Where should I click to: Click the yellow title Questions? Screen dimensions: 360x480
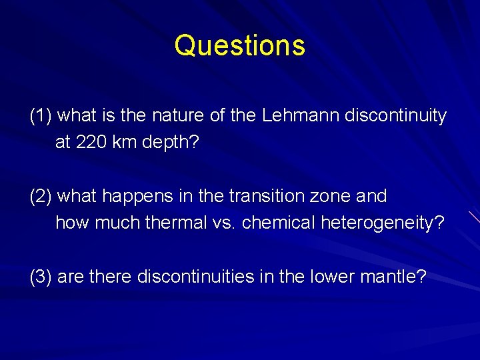[x=240, y=46]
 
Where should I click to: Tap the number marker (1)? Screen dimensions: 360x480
[x=41, y=116]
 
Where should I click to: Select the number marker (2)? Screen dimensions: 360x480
[x=41, y=197]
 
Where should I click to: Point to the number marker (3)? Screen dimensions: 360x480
[x=41, y=277]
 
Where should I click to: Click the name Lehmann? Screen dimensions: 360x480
[x=301, y=116]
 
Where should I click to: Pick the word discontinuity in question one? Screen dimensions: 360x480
[x=395, y=116]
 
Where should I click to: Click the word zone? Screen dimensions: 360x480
[x=328, y=197]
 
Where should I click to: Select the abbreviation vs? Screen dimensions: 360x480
[x=225, y=223]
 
